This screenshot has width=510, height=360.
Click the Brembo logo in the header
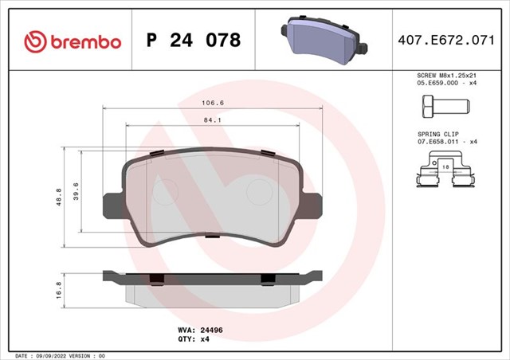(73, 40)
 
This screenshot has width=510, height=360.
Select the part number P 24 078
(194, 40)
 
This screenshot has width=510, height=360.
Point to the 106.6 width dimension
(213, 103)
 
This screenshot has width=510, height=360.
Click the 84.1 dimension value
(213, 120)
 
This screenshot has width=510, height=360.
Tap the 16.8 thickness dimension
(58, 288)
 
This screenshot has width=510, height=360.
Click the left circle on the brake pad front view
(167, 192)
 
